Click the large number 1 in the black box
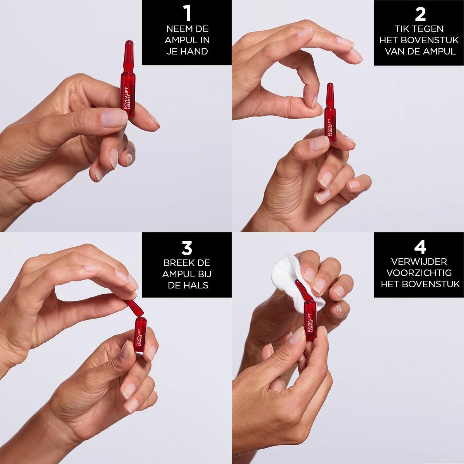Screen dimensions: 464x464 pyautogui.click(x=187, y=14)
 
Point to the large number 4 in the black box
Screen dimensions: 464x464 pyautogui.click(x=420, y=248)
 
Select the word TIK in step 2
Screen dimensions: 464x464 pyautogui.click(x=401, y=29)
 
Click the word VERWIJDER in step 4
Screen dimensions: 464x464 pyautogui.click(x=419, y=262)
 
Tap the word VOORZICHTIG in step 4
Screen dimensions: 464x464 pyautogui.click(x=419, y=273)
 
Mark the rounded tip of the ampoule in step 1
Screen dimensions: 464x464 pyautogui.click(x=129, y=43)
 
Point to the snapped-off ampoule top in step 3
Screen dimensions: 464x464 pyautogui.click(x=134, y=307)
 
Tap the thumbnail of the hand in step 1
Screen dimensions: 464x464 pyautogui.click(x=114, y=118)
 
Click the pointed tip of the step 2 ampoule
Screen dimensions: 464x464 pyautogui.click(x=330, y=85)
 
